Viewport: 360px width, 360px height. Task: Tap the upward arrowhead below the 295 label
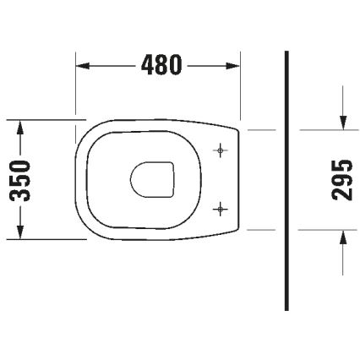[x=342, y=236]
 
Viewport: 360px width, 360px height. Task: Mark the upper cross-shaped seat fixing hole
[x=221, y=151]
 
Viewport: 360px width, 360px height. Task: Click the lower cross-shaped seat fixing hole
[x=221, y=207]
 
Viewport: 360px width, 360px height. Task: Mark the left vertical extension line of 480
[x=77, y=85]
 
